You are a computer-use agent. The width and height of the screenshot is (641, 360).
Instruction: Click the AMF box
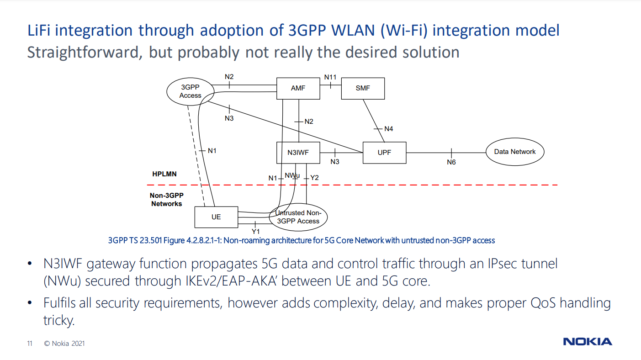[x=298, y=88]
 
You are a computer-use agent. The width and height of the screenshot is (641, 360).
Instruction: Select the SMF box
[x=363, y=88]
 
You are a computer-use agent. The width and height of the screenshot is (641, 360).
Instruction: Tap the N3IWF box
[x=298, y=153]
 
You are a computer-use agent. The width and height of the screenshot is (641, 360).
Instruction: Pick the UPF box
[x=384, y=153]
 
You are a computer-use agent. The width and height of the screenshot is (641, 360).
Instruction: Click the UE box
[x=216, y=217]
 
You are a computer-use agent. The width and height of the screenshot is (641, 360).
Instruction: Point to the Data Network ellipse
[x=514, y=152]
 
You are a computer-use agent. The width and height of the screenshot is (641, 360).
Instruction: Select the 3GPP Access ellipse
[x=190, y=91]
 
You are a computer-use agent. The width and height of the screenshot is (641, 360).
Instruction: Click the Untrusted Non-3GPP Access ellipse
[x=298, y=217]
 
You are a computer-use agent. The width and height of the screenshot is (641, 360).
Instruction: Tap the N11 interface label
[x=330, y=77]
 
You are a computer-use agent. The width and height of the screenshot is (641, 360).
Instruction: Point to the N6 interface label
[x=451, y=162]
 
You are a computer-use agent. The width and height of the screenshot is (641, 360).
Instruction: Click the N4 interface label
[x=388, y=129]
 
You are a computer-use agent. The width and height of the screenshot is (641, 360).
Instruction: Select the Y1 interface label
[x=255, y=232]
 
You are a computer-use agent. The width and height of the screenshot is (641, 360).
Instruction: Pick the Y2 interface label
[x=314, y=178]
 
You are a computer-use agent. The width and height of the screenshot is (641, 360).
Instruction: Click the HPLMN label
[x=164, y=174]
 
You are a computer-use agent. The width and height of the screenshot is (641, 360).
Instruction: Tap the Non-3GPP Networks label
[x=166, y=200]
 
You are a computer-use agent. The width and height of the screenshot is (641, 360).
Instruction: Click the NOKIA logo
[x=587, y=342]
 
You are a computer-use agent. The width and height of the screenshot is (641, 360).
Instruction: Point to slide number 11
[x=30, y=344]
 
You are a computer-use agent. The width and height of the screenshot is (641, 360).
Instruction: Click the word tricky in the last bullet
[x=58, y=320]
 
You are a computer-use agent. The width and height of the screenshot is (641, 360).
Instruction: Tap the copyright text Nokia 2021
[x=64, y=344]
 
